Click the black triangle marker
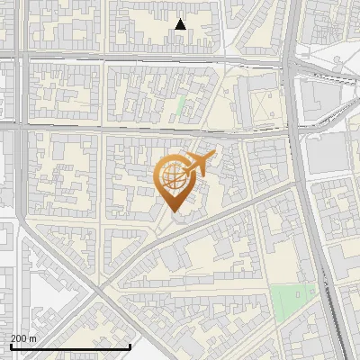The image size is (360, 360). click(181, 25)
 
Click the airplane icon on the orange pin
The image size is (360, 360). click(199, 164)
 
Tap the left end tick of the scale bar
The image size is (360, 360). click(10, 346)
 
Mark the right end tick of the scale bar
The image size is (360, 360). click(130, 346)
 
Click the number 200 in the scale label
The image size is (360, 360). click(20, 338)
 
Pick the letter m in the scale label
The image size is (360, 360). click(33, 338)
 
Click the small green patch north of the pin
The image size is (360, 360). click(181, 106)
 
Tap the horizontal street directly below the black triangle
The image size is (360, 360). click(180, 61)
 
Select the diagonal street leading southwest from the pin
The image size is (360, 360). click(135, 256)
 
